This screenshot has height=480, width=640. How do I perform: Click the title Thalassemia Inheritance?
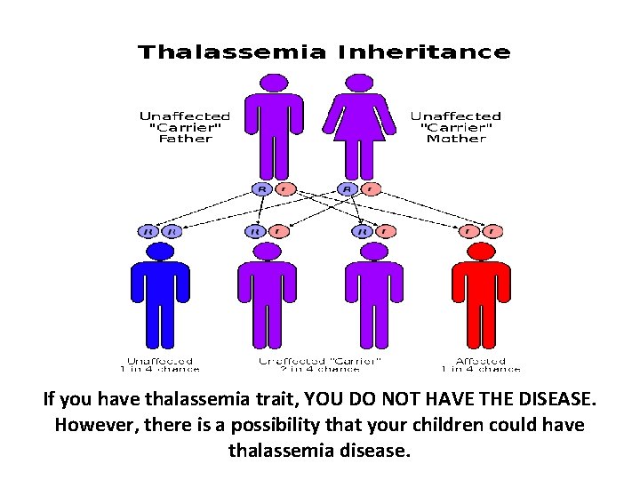pyautogui.click(x=324, y=52)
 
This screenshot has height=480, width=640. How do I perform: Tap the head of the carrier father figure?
pyautogui.click(x=275, y=83)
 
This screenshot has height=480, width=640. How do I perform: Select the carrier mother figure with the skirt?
pyautogui.click(x=359, y=129)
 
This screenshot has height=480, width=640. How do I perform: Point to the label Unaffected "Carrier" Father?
pyautogui.click(x=185, y=127)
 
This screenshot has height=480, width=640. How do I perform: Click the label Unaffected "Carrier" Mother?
pyautogui.click(x=456, y=127)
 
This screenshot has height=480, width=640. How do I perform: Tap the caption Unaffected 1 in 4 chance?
pyautogui.click(x=160, y=364)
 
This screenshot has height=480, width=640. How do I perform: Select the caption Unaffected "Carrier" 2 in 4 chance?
pyautogui.click(x=320, y=364)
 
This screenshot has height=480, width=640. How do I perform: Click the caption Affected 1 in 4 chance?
pyautogui.click(x=481, y=364)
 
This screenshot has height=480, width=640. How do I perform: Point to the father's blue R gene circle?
pyautogui.click(x=262, y=188)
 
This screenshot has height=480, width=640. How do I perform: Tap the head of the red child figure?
pyautogui.click(x=481, y=252)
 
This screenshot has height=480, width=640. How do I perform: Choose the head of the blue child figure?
pyautogui.click(x=160, y=252)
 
